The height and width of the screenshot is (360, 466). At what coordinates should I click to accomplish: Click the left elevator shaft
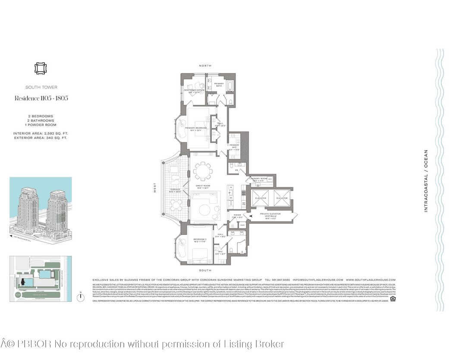pyautogui.click(x=261, y=198)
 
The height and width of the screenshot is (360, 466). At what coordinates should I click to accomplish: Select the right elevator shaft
pyautogui.click(x=282, y=198)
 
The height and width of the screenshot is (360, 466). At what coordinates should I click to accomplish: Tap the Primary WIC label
pyautogui.click(x=234, y=146)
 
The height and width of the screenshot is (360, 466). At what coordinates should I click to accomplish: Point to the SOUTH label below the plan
pyautogui.click(x=205, y=270)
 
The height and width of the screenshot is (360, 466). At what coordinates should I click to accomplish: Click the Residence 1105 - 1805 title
pyautogui.click(x=41, y=98)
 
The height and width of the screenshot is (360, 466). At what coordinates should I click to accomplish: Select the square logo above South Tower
pyautogui.click(x=41, y=69)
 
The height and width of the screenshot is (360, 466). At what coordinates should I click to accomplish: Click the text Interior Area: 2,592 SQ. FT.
pyautogui.click(x=41, y=133)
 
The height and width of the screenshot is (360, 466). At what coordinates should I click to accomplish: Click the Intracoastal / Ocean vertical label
pyautogui.click(x=426, y=180)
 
